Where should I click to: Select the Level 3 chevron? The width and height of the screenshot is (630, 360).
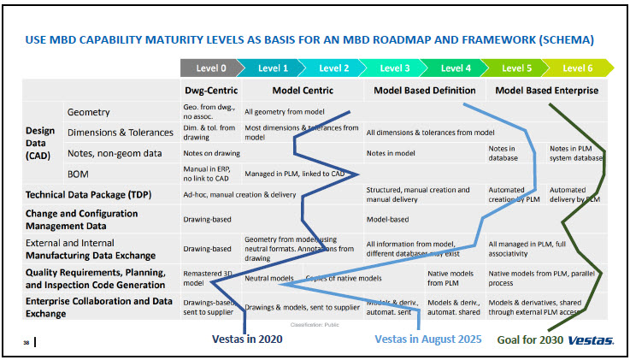pos(395,68)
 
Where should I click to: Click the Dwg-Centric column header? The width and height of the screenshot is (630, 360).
pos(211,90)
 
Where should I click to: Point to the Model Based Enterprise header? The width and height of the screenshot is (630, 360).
pos(547,90)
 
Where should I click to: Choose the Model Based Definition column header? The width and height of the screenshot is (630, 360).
pos(425,90)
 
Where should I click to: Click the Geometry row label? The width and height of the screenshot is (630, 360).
pos(88,112)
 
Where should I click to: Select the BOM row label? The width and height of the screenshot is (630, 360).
pos(79,174)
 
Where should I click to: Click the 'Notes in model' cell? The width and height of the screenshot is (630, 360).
pos(391,153)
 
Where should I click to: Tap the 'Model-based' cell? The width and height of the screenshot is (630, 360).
pos(386,219)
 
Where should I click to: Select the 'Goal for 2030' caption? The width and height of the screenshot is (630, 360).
pos(527,339)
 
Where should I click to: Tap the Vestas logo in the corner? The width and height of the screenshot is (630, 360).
pos(590,339)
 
